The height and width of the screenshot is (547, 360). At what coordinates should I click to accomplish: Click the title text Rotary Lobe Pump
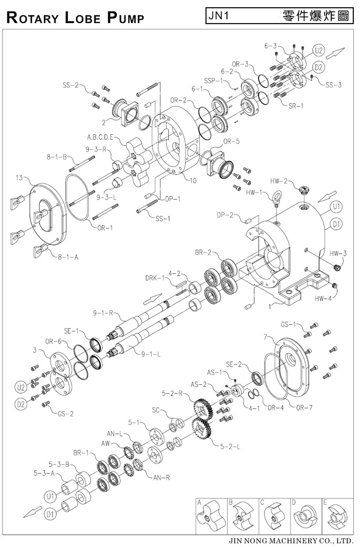(x=74, y=17)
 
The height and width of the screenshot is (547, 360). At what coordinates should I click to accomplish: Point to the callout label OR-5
(x=230, y=142)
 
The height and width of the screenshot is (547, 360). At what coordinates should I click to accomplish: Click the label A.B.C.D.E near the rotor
(x=102, y=138)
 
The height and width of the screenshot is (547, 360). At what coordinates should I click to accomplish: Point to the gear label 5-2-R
(x=173, y=394)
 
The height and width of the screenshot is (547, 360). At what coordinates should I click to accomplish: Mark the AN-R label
(x=161, y=477)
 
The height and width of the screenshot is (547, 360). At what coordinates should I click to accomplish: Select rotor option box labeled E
(x=336, y=516)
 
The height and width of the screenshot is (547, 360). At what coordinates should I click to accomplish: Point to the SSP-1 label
(x=213, y=81)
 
